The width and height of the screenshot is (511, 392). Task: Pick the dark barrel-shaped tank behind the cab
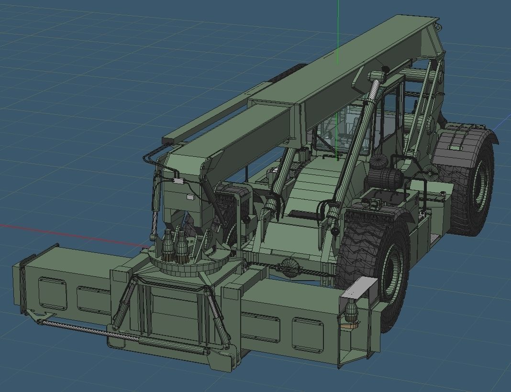click(x=386, y=179)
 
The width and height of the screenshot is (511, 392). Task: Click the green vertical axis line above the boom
click(x=338, y=29)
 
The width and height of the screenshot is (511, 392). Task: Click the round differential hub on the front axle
click(x=289, y=266)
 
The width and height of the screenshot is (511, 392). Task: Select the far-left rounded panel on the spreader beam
click(x=52, y=293)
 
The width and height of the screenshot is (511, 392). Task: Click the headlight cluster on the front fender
click(x=373, y=204)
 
